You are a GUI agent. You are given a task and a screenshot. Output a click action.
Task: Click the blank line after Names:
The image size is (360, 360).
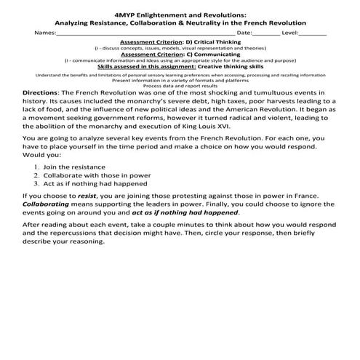click(x=145, y=34)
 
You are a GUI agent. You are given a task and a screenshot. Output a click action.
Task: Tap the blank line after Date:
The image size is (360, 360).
click(x=268, y=34)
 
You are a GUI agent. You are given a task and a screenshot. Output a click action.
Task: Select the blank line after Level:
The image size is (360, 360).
click(x=313, y=34)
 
